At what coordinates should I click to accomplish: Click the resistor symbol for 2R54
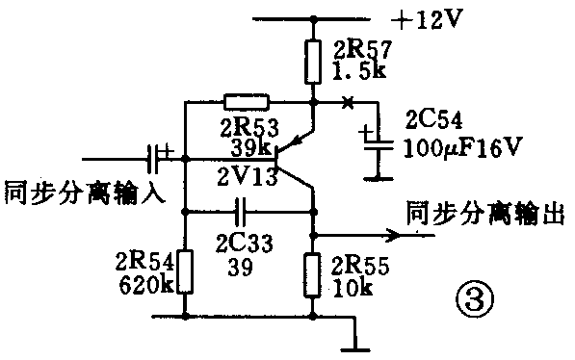click(x=185, y=270)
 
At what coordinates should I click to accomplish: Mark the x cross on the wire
click(x=347, y=101)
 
